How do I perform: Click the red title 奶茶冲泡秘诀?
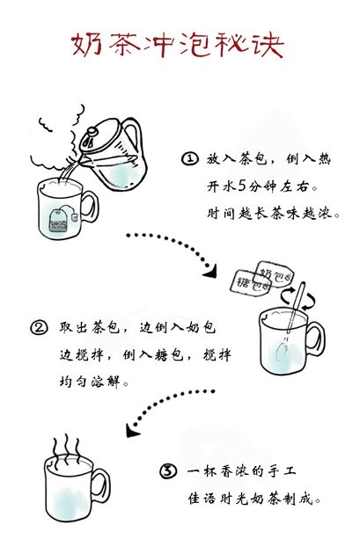coord(178,46)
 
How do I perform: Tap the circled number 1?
coord(189,158)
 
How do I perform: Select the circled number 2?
coord(39,328)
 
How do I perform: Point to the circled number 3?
coord(168,471)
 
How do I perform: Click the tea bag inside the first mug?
coord(58,221)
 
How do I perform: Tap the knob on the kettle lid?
coord(92,132)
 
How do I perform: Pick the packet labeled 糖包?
coord(251,282)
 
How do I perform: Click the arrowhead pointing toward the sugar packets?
coord(210,271)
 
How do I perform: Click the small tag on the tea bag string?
coord(74,217)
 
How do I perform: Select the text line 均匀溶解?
coord(90,382)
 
